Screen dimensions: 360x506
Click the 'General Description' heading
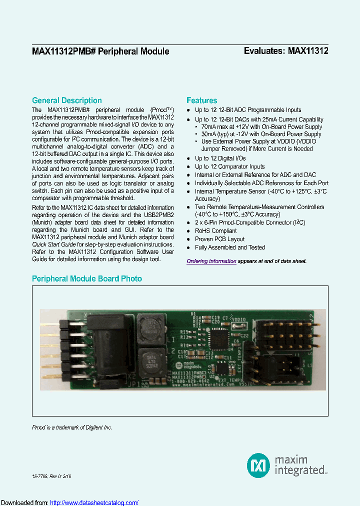pos(66,100)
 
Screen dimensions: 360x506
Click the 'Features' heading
pos(201,100)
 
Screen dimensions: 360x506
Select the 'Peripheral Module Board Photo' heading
pos(86,278)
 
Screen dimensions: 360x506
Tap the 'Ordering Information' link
pos(211,261)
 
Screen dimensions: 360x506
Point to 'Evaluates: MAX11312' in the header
pos(285,51)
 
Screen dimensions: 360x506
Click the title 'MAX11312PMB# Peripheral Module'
pos(100,51)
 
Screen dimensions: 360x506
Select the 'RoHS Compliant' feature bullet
pos(216,231)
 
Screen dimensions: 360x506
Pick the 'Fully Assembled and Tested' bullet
pos(230,247)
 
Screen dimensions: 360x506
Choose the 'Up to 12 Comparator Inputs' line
pos(229,166)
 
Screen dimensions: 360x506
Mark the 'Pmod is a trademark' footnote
pos(72,427)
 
